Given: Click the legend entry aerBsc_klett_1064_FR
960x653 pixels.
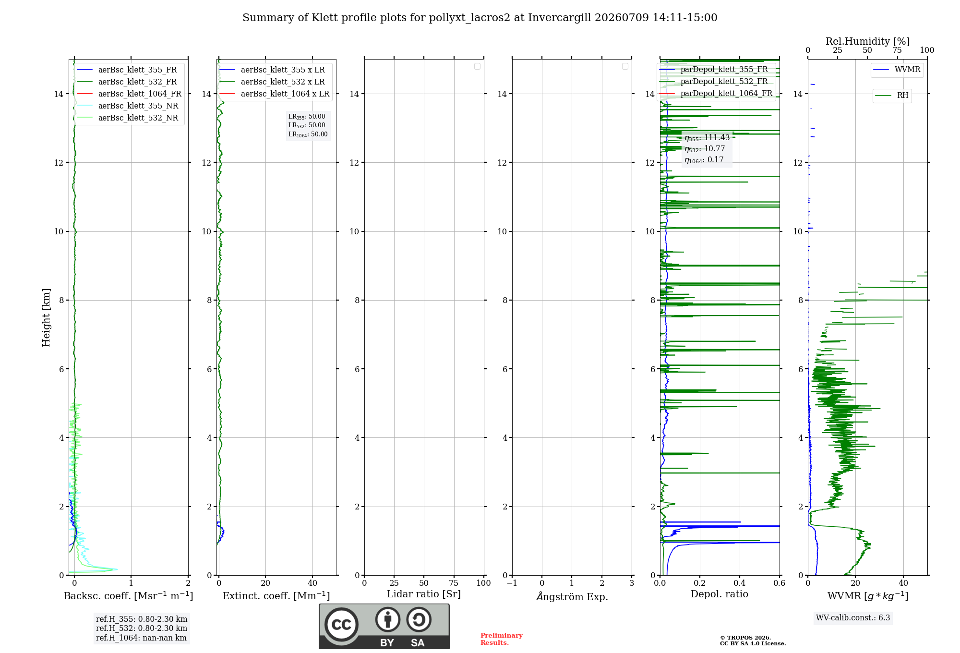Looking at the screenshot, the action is coord(129,94).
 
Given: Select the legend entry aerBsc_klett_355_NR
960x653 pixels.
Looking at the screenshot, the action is coord(128,106).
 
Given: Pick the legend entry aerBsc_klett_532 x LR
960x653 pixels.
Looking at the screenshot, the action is coord(272,82).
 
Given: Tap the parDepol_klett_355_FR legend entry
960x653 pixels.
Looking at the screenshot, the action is coord(714,69).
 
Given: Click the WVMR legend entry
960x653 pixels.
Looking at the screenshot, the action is coord(897,70).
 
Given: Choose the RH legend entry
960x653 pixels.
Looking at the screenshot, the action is coord(892,95).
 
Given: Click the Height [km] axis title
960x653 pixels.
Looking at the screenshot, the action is coord(46,317).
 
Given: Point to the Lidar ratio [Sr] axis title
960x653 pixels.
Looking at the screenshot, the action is coord(424,594).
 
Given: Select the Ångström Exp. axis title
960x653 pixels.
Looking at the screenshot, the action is coord(572,596).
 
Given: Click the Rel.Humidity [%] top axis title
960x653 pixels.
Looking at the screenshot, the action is coord(868,41).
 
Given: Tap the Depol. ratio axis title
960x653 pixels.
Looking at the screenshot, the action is coord(720,594).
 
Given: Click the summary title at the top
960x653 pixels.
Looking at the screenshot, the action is coord(480,17).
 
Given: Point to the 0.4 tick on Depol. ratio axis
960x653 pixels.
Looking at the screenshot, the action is coord(740,583).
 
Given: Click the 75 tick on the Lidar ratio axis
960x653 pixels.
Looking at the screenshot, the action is coord(454,583).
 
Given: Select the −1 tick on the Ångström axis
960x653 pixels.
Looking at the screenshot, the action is coord(512,583).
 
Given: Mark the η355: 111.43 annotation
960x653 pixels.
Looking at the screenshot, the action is coord(707,138).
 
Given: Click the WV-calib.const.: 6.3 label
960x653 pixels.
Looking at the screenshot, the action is coord(853,618).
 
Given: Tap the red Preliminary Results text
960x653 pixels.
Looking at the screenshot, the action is coord(502,639).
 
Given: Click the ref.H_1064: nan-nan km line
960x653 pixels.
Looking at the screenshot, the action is coord(141,638).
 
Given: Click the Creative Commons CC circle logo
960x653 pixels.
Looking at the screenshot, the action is coord(341,625).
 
